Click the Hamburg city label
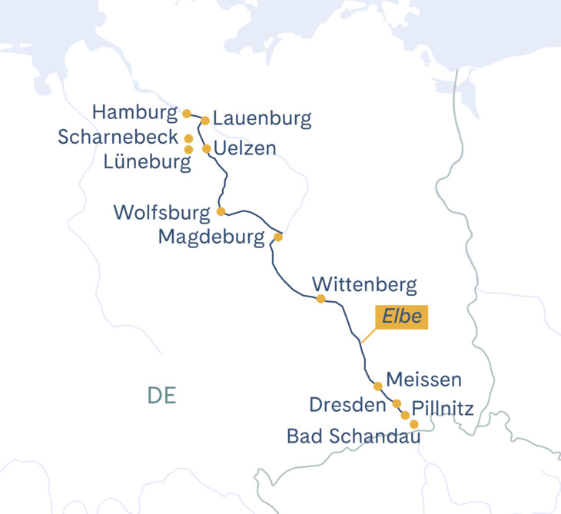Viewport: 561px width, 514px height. tap(134, 113)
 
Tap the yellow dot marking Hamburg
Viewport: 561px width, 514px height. tap(187, 114)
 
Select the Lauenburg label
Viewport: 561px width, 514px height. tap(262, 119)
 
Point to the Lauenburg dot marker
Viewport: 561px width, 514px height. tap(205, 120)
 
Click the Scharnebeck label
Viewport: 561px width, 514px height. tap(118, 138)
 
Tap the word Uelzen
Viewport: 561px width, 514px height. tap(244, 148)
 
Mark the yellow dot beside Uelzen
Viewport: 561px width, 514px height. tap(206, 148)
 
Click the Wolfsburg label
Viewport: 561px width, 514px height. tap(161, 212)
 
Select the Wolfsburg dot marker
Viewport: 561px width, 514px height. tap(221, 211)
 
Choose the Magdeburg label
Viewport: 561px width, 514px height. tap(211, 237)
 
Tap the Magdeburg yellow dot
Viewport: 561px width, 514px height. tap(278, 237)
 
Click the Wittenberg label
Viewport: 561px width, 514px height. tap(366, 285)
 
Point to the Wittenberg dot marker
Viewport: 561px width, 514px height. tap(320, 299)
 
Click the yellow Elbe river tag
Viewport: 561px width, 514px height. tap(400, 317)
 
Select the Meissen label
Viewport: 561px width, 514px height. tap(423, 380)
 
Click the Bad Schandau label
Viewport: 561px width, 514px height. tap(354, 436)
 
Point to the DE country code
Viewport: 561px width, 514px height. tap(162, 396)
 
